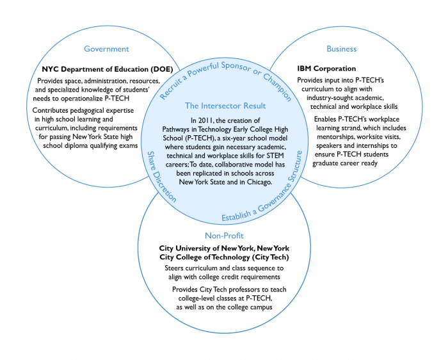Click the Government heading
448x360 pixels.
[x=106, y=49]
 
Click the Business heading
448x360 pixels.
[x=341, y=49]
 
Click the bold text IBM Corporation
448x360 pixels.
[x=326, y=69]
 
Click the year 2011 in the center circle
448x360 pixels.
[x=201, y=120]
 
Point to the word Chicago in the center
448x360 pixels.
[x=257, y=182]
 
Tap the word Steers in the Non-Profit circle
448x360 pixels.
[x=175, y=268]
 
